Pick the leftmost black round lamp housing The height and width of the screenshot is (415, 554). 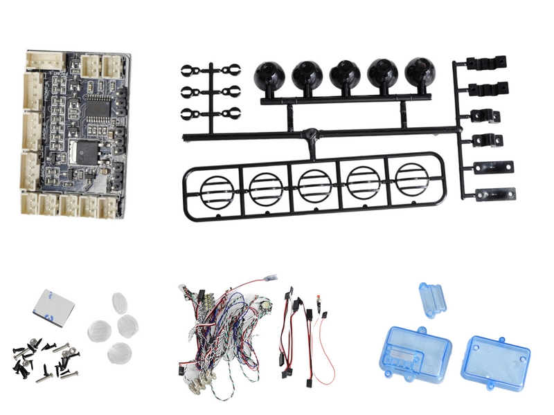tap(267, 75)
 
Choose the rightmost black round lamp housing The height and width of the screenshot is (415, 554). tap(418, 74)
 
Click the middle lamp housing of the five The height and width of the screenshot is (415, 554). tap(343, 75)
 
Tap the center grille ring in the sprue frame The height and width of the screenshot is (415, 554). tap(312, 185)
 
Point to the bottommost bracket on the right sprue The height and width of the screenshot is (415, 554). tap(495, 193)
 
